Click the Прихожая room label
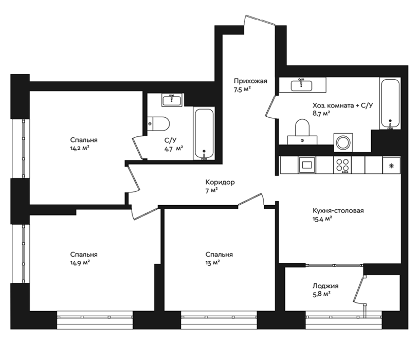point(250,81)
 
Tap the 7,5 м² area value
point(242,89)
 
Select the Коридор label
point(220,182)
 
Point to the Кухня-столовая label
point(338,211)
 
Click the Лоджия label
point(325,286)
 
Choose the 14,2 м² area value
point(80,148)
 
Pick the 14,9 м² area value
point(80,263)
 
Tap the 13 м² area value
point(213,263)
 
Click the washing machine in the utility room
point(343,142)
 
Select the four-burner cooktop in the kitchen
point(342,165)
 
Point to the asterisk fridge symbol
point(391,166)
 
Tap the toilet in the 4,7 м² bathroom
point(158,124)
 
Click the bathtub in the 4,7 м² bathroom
point(204,134)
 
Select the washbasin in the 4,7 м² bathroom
point(172,100)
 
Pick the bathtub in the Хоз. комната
point(390,103)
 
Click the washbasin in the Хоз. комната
point(302,85)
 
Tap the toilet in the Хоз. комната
point(302,132)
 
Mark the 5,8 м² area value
point(321,294)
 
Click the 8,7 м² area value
point(321,113)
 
